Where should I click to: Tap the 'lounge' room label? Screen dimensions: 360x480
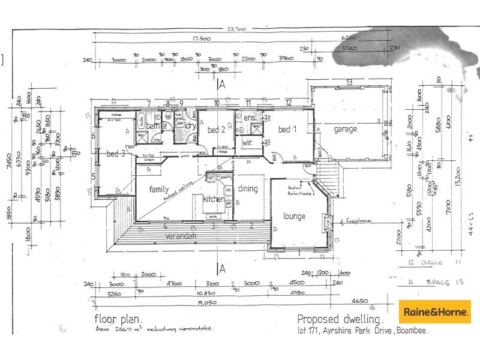[294, 216]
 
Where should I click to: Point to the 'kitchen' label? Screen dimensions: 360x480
[214, 199]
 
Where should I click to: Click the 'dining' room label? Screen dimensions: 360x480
[248, 189]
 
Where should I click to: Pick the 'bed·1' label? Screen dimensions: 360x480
[288, 130]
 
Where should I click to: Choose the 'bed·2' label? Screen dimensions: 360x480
[216, 130]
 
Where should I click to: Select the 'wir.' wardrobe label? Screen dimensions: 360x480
[247, 144]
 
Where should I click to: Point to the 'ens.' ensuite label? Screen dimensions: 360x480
[249, 118]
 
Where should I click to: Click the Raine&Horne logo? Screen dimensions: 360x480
[435, 312]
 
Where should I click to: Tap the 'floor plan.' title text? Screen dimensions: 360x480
[119, 319]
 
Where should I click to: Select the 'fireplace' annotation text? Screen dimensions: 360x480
[359, 221]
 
